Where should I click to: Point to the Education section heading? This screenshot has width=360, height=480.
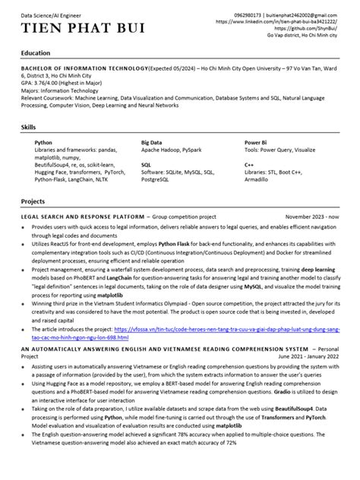36,53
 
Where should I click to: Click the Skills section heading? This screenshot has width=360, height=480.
30,128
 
